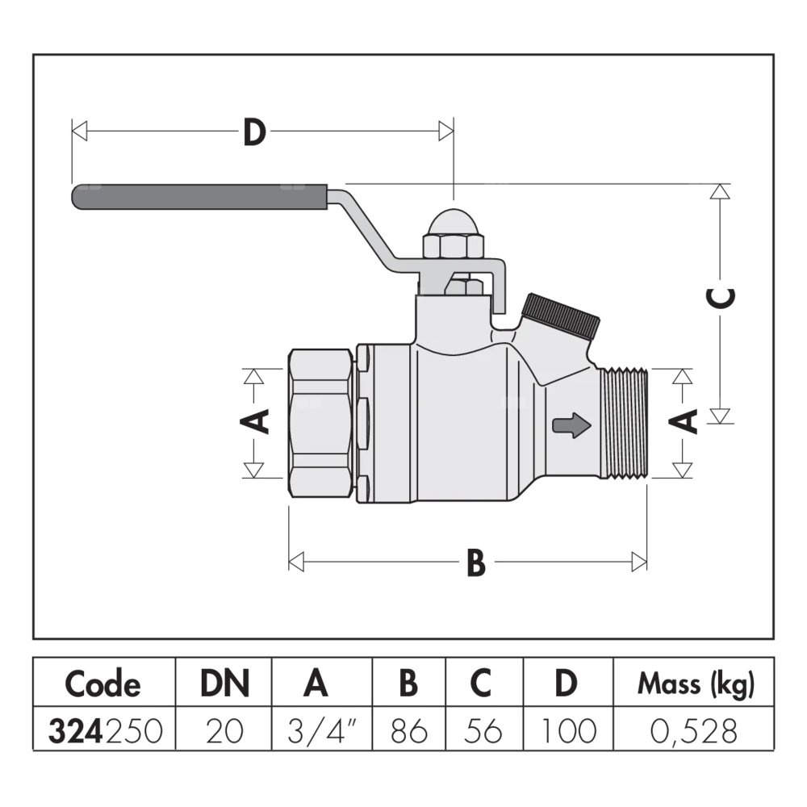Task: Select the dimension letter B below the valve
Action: coord(476,562)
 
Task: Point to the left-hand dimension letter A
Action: coord(256,421)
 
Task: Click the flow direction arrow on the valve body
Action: coord(571,425)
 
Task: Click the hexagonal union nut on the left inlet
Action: coord(321,422)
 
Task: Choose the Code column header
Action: coord(102,684)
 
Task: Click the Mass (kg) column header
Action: coord(696,684)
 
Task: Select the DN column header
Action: coord(225,684)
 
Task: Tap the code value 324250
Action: coord(106,731)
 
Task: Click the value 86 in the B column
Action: coord(408,731)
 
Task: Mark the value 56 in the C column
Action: coord(482,731)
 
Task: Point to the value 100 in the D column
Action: coord(568,731)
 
